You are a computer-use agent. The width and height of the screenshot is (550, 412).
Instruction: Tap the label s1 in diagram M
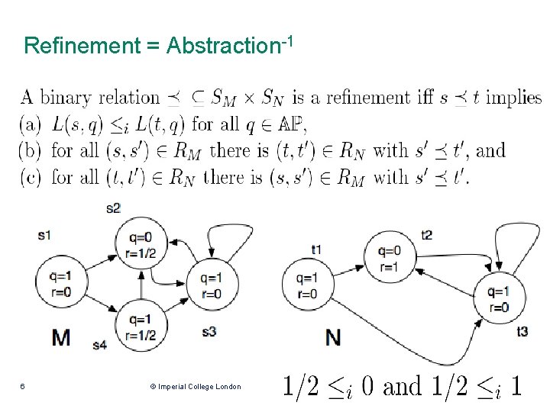click(x=44, y=235)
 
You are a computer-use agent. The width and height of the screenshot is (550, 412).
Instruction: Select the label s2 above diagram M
click(x=114, y=208)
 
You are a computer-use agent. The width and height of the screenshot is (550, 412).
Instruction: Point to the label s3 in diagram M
click(x=209, y=331)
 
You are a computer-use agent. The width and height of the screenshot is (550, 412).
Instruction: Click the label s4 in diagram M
click(x=99, y=344)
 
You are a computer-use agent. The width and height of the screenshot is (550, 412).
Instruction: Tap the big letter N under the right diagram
click(x=333, y=336)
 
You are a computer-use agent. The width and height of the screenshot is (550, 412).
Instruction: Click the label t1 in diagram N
click(x=316, y=249)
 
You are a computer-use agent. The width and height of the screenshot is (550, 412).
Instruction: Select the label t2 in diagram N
click(x=427, y=234)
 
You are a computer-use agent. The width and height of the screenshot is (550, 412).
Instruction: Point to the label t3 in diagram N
click(x=522, y=330)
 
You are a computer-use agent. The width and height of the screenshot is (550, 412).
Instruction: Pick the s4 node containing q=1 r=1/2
click(x=141, y=327)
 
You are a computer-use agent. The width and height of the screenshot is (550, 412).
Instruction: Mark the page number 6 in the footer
click(x=22, y=387)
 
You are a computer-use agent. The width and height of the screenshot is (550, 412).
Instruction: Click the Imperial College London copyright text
click(x=196, y=387)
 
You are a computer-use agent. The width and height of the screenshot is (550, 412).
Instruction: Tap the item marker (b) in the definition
click(x=32, y=150)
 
